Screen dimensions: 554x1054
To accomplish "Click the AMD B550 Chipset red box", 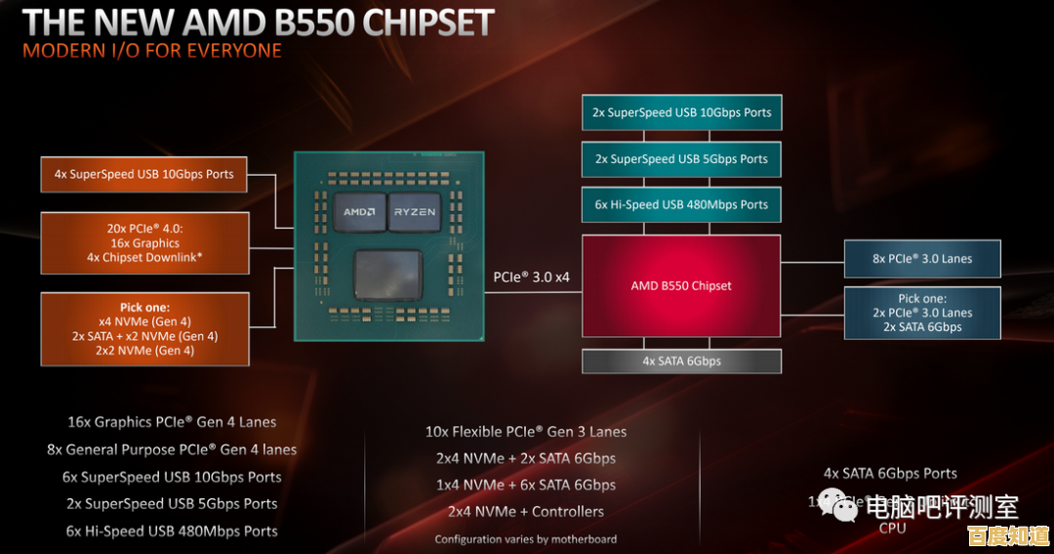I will coord(681,285).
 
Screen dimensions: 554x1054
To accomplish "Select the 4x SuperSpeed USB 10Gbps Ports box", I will coord(143,174).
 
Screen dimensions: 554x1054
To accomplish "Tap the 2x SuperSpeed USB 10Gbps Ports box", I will coord(681,112).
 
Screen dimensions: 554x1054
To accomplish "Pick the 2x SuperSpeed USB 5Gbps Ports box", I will coord(681,158).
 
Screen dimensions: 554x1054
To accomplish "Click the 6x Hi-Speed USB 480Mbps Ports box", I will coord(681,204).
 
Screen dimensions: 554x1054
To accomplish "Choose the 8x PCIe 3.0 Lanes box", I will coord(921,259).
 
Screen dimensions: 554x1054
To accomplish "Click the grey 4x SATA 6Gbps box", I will coord(681,361).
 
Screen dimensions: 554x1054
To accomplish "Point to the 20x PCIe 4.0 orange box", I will coord(143,242).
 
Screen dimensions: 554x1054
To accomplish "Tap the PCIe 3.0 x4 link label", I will coord(531,277).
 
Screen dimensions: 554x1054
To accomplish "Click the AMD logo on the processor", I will coord(359,212).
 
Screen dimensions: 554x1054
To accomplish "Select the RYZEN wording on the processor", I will coord(414,212).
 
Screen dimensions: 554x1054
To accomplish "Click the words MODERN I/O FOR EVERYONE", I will coord(151,50).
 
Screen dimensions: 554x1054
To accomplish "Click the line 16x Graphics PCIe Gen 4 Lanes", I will coord(172,422).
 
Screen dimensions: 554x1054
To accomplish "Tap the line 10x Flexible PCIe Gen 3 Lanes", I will coord(525,431).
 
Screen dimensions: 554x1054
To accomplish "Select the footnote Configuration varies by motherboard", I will coord(525,538).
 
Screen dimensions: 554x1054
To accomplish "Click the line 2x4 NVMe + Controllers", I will coord(525,511).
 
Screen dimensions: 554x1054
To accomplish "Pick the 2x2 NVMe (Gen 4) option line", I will coord(144,350).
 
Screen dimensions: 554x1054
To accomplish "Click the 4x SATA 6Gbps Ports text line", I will coord(890,473).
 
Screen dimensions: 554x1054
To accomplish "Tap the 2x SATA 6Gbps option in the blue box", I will coord(921,327).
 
